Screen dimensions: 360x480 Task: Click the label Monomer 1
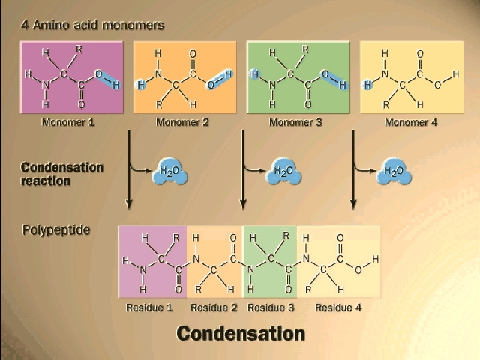(68, 122)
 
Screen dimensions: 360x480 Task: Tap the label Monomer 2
(182, 122)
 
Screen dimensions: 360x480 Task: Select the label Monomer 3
(295, 122)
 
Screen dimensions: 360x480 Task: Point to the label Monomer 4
(409, 122)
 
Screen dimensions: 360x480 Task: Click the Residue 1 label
(150, 307)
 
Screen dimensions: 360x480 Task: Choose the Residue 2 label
(214, 307)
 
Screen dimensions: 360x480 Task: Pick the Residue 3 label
(271, 307)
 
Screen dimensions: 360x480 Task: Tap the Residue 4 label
(338, 307)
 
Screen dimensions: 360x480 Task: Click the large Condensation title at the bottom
(241, 333)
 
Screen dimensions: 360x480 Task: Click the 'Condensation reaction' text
(61, 174)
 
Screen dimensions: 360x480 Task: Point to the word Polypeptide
(57, 229)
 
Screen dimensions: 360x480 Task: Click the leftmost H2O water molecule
(169, 172)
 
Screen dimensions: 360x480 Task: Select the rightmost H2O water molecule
(394, 172)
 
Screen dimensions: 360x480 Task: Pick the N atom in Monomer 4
(385, 74)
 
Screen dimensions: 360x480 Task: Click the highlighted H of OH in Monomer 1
(115, 85)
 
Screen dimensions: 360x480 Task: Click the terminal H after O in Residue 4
(376, 259)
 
